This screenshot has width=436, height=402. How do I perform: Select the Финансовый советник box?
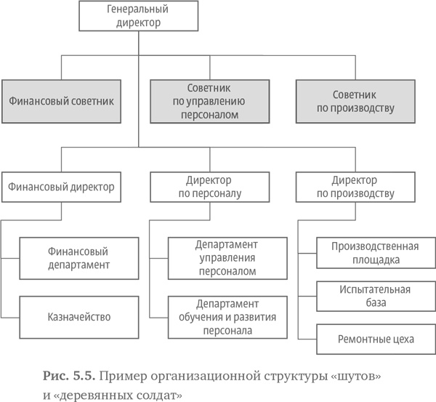click(x=61, y=100)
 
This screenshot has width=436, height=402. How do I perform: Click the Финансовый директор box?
click(x=61, y=186)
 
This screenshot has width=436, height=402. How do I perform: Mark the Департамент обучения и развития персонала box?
click(x=227, y=317)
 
